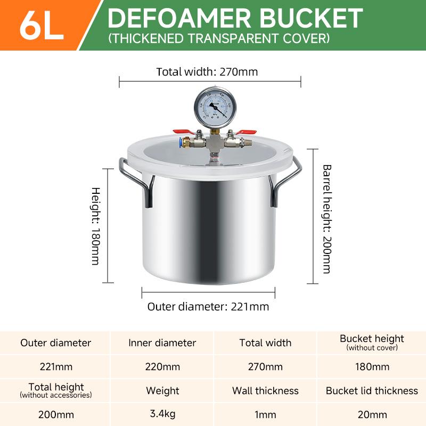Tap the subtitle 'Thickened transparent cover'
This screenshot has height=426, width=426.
[x=218, y=38]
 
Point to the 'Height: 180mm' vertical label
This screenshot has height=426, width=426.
[x=96, y=226]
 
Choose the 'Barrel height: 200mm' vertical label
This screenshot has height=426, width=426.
[x=326, y=218]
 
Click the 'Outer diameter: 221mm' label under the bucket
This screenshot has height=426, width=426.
[x=208, y=307]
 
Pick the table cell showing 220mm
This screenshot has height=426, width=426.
[x=162, y=367]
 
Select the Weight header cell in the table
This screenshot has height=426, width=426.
[x=162, y=391]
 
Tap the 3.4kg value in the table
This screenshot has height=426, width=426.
[x=162, y=414]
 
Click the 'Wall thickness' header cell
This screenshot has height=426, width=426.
[x=265, y=391]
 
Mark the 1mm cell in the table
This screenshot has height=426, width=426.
[x=265, y=414]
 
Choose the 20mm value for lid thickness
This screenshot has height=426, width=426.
[x=372, y=414]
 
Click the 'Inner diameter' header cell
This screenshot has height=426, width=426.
[x=162, y=343]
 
